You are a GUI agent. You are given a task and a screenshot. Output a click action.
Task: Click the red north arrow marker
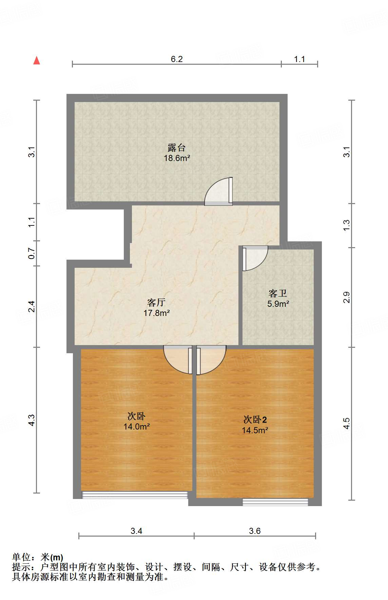37,61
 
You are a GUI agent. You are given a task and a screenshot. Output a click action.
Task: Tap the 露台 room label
176,148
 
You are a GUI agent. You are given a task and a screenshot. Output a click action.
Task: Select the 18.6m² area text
177,158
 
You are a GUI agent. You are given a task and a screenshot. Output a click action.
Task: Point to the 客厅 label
156,302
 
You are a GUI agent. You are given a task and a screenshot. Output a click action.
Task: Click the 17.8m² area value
156,313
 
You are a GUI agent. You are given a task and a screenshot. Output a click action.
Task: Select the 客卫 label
278,293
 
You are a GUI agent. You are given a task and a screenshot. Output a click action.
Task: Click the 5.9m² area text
278,304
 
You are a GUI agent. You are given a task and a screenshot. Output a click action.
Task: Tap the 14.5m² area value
255,431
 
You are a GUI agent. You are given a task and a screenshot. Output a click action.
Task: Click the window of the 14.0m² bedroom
135,495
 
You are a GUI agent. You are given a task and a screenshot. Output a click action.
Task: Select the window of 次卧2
275,502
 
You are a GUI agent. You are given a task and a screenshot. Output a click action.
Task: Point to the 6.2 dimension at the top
176,59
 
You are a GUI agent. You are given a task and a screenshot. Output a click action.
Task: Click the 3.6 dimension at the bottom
254,531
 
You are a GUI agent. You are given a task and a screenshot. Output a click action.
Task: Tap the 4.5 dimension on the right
346,423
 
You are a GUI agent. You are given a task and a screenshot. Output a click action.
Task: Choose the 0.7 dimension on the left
32,254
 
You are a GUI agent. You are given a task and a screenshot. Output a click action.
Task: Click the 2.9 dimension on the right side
346,297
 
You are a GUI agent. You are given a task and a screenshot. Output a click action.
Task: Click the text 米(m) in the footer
52,557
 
